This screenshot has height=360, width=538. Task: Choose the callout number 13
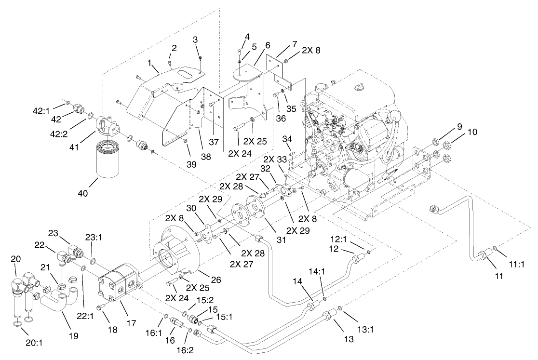click(x=349, y=339)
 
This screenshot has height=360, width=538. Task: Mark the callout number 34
click(x=287, y=139)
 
